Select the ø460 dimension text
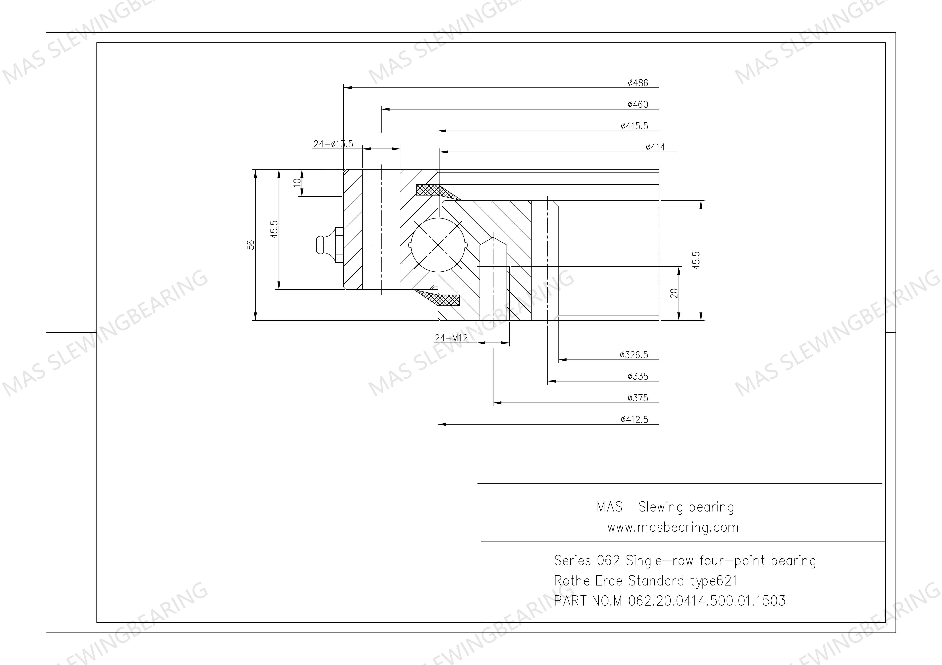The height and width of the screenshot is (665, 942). coord(638,105)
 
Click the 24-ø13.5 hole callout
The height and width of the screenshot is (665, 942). coord(333,144)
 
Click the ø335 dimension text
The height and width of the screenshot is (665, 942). coord(638,376)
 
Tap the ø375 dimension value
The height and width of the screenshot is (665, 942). coord(638,398)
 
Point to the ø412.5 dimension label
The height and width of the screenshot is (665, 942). coord(634,419)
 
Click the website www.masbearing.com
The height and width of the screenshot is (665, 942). coord(673,527)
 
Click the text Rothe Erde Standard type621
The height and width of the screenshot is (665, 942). coord(645,580)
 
